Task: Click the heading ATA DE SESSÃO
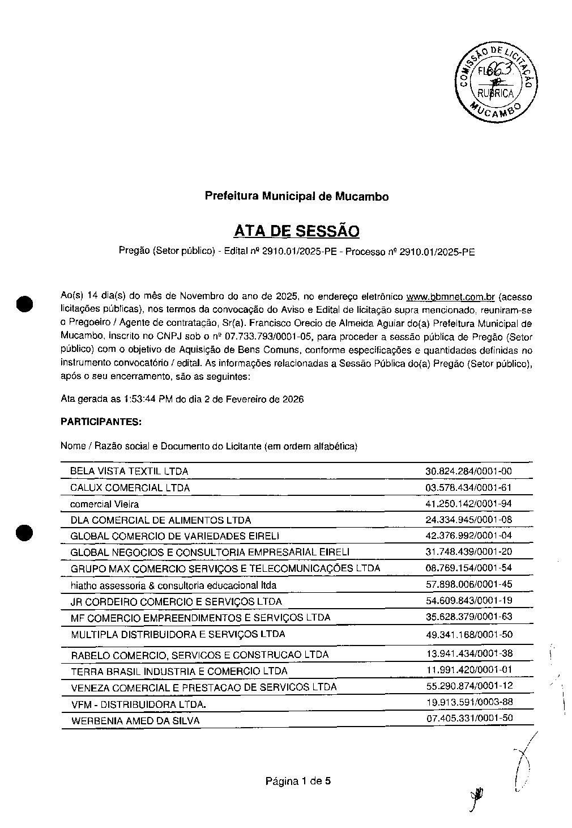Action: click(x=296, y=231)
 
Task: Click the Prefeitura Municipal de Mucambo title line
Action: click(x=296, y=197)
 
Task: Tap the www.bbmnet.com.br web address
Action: click(x=451, y=296)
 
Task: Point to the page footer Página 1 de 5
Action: click(x=298, y=781)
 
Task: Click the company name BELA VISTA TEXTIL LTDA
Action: click(x=129, y=471)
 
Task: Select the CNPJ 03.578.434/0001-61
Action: click(x=468, y=487)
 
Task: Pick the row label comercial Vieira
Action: click(x=104, y=504)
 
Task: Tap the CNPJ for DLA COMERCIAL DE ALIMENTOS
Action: click(x=468, y=520)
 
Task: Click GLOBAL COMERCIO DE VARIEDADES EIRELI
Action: click(x=175, y=536)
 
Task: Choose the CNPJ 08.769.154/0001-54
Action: click(x=468, y=568)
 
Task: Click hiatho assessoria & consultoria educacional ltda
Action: click(x=173, y=585)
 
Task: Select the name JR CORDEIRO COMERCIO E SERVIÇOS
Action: click(x=176, y=601)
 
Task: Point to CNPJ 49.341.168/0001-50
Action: click(x=468, y=634)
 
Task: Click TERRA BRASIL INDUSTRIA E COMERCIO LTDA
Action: click(x=179, y=671)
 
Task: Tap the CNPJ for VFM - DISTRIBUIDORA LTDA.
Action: click(x=469, y=702)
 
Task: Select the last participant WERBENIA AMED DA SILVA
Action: click(x=135, y=721)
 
